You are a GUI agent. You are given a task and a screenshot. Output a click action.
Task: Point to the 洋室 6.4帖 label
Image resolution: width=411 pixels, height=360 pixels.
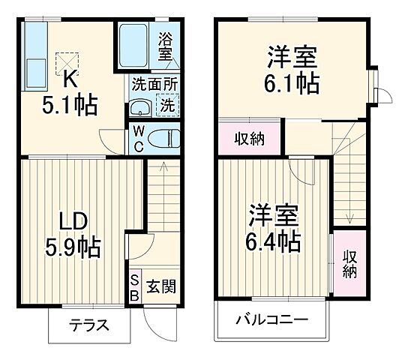pos(274,228)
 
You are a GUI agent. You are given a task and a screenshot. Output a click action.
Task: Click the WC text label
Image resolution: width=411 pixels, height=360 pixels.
pos(139,138)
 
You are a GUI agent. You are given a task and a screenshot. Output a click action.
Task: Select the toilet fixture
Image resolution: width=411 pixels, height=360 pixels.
pos(163,137)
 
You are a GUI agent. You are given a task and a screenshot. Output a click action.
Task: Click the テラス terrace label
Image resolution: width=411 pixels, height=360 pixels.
pos(90,326)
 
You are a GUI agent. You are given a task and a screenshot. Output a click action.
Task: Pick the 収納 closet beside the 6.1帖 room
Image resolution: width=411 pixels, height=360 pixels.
pos(249,138)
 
